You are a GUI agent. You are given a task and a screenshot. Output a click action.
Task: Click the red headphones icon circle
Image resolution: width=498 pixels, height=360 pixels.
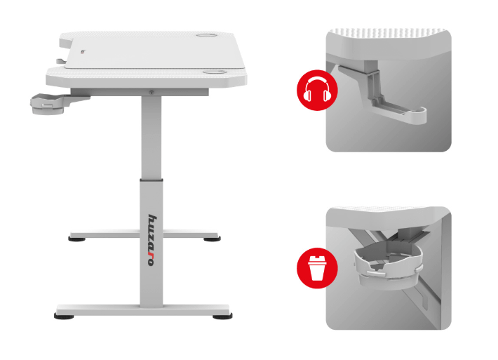click(317, 90)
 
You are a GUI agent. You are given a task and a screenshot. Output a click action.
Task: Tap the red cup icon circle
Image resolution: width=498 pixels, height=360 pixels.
click(317, 268)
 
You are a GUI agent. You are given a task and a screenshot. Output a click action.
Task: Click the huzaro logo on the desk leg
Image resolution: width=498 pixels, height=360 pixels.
click(152, 240)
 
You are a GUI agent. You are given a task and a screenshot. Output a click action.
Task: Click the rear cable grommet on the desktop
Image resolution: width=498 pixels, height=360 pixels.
click(206, 34)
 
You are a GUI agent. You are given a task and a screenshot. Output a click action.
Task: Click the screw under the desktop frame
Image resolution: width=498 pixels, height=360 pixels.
click(152, 93)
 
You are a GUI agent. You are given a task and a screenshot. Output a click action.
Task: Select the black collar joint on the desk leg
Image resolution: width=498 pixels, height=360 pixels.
click(152, 180)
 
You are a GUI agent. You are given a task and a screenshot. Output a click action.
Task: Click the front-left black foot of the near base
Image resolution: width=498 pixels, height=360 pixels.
click(64, 316)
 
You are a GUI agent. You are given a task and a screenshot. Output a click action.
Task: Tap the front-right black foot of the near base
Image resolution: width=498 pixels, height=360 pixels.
click(222, 316)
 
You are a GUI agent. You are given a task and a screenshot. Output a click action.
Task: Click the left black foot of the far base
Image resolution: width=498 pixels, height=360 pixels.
click(77, 239)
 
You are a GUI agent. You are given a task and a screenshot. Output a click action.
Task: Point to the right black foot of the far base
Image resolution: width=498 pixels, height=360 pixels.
click(212, 239)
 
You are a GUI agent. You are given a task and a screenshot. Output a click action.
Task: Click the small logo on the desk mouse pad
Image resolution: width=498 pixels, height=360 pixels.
click(83, 52)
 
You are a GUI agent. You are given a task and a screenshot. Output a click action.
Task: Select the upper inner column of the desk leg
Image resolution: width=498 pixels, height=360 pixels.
click(152, 138)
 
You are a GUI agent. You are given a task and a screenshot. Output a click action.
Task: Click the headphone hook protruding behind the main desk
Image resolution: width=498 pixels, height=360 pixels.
click(61, 61)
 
